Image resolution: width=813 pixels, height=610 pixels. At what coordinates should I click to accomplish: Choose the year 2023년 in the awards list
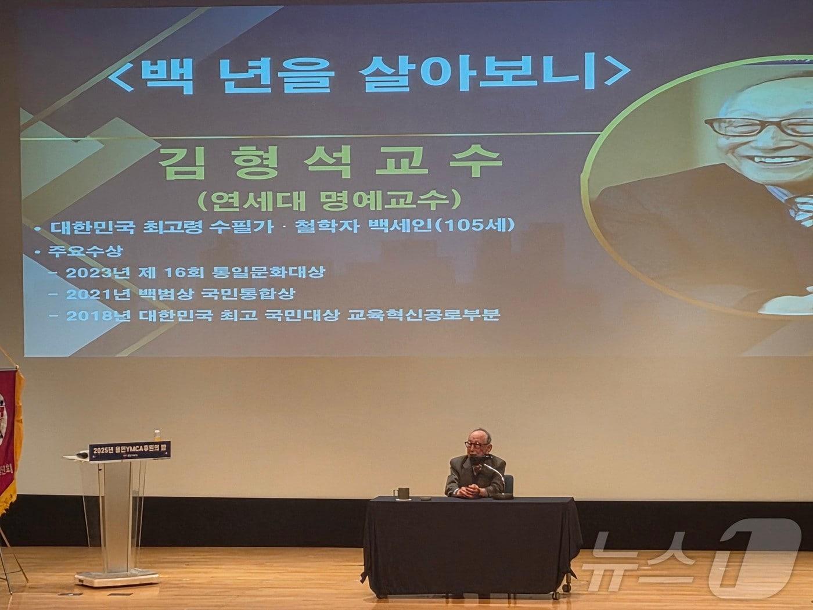(x=90, y=272)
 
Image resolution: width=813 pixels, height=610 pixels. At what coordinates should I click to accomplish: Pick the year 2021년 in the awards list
(x=90, y=294)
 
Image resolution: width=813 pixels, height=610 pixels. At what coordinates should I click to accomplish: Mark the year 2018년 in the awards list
(x=90, y=315)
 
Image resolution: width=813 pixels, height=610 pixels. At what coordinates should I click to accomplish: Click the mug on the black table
(x=400, y=493)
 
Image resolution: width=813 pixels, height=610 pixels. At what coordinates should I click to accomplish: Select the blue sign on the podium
(x=129, y=450)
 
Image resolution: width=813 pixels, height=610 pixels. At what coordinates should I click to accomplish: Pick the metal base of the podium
(x=116, y=578)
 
